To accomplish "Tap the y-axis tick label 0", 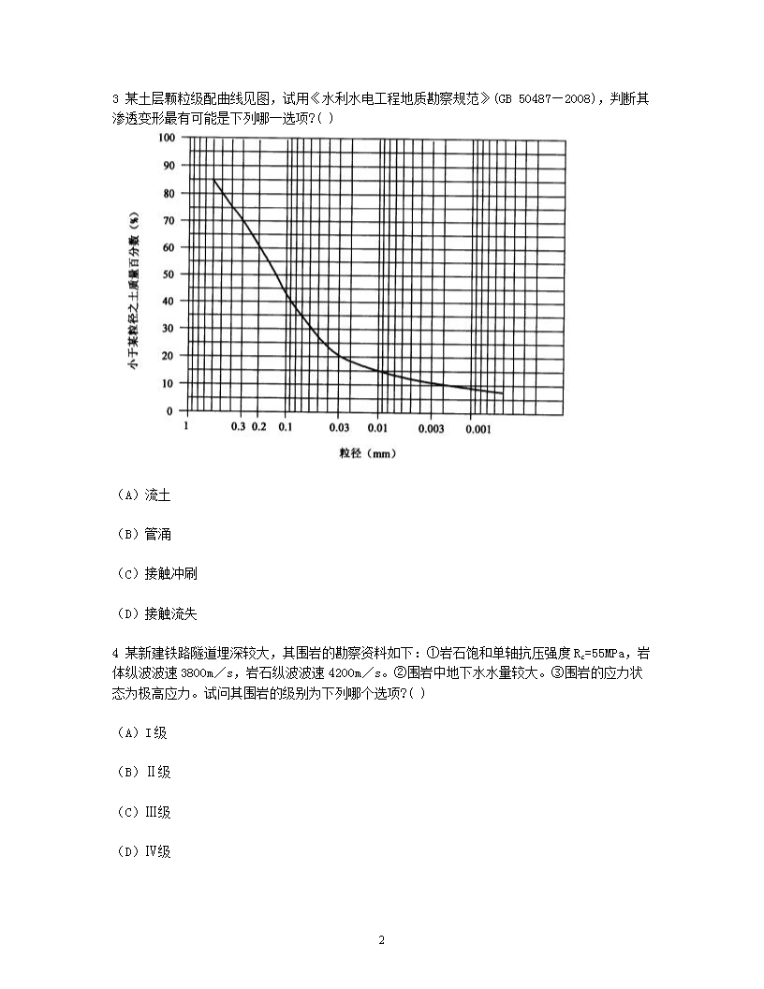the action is [x=170, y=411].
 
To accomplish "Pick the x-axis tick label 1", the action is [x=186, y=427].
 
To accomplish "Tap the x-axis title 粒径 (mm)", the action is [x=364, y=454].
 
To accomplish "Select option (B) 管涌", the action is [x=143, y=534].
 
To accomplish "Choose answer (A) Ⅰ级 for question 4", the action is [x=142, y=732].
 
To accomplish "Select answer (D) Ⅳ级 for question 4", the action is [x=143, y=851].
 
